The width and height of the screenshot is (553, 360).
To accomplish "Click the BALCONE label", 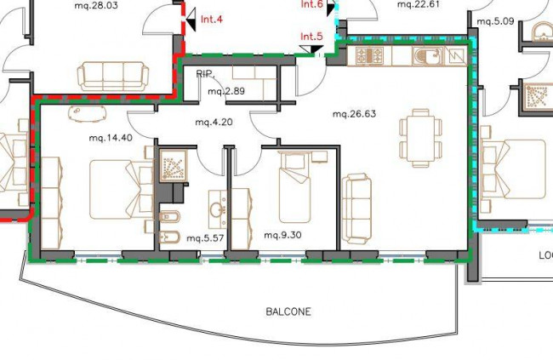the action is [288, 311].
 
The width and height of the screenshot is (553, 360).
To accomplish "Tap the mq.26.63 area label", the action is [354, 114].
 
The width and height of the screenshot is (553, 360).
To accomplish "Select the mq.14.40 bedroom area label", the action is [111, 138].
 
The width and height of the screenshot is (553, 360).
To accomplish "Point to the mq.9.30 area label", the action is [282, 235].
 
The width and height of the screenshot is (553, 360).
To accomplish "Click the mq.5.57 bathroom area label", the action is [205, 238].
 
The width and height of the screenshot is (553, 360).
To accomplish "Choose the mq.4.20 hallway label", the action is [214, 122].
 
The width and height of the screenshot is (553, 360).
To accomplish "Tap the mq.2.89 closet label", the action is [226, 91].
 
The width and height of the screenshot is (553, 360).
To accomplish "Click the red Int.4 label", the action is [212, 19].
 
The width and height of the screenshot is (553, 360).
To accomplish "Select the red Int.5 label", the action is [311, 37].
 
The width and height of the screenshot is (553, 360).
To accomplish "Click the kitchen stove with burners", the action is [369, 55].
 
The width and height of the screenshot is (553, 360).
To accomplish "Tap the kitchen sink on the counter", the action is [428, 56].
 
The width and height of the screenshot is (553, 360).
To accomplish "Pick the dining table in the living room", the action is [420, 138].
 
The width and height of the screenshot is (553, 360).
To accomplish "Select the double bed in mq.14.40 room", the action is [122, 190].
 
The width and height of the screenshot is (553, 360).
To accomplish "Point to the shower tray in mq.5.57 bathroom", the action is [174, 165].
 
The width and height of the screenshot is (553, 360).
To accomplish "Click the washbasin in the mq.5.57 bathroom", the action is [217, 209].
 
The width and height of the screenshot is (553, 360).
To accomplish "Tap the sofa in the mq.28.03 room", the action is [113, 77].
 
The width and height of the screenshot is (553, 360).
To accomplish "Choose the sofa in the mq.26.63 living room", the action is [356, 209].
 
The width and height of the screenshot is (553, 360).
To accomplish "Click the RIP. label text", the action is [205, 74].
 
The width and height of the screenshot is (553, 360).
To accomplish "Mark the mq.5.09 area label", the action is [495, 21].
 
